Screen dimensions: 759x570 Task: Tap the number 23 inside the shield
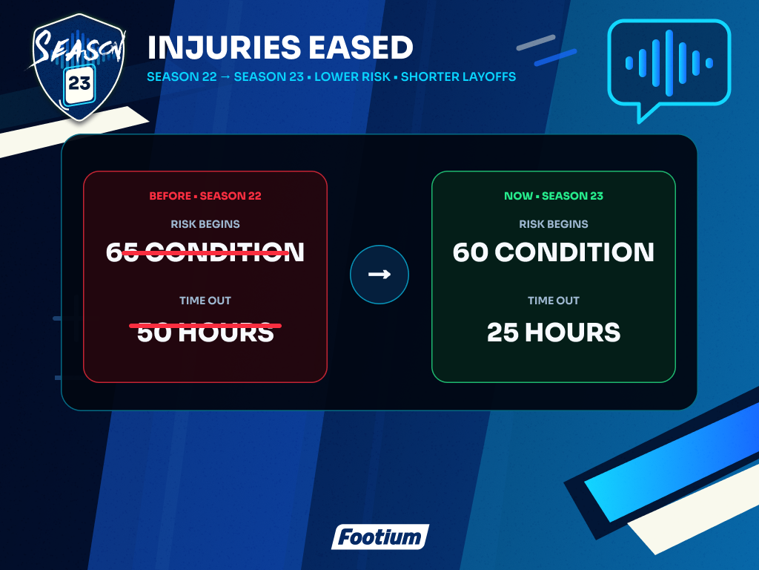(79, 84)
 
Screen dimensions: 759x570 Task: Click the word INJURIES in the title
(223, 47)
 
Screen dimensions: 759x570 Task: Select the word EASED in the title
(361, 47)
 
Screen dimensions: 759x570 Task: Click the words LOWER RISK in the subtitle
(352, 76)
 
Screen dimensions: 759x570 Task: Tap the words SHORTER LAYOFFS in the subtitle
(458, 76)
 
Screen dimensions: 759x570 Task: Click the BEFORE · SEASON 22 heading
(205, 196)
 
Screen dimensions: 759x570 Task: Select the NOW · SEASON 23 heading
(554, 196)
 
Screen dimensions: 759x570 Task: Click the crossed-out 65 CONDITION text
(205, 252)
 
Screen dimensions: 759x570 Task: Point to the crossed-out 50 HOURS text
(205, 332)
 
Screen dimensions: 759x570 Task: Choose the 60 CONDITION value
(554, 252)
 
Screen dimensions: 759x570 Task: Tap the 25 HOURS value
(554, 332)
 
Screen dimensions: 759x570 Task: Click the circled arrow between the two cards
(379, 275)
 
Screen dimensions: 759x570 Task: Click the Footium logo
(380, 537)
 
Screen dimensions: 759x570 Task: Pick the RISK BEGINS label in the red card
(205, 224)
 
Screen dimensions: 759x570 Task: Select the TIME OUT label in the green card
(554, 301)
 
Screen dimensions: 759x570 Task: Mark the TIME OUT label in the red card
(205, 301)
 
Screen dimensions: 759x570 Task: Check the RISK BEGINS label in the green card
(554, 224)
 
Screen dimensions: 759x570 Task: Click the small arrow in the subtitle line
(225, 76)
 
